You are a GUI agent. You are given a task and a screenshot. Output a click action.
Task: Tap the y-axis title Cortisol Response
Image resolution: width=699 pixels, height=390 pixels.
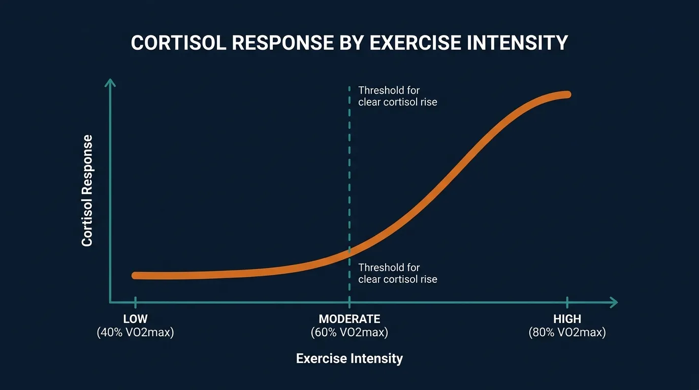(87, 190)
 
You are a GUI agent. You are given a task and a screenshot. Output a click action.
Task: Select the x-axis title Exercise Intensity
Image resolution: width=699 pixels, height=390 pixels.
(349, 359)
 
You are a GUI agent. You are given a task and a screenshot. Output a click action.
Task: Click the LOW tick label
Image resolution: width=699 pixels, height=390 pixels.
(135, 319)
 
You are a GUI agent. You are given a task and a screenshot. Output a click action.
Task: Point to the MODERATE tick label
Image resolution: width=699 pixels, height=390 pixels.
(349, 319)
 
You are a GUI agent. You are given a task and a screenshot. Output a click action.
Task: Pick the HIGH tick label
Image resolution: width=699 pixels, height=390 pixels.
(567, 319)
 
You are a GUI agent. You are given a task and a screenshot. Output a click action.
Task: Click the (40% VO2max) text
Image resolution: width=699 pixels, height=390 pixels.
(135, 333)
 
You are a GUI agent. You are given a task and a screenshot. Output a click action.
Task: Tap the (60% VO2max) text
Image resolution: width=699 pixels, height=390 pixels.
(349, 333)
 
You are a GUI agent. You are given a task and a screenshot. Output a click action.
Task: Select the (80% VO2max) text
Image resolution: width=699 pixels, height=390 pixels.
(567, 333)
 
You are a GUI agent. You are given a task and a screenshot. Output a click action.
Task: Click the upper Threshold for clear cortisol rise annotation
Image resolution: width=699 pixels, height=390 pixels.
(397, 96)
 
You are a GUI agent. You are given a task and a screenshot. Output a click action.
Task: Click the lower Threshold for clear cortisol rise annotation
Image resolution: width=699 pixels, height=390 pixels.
(397, 273)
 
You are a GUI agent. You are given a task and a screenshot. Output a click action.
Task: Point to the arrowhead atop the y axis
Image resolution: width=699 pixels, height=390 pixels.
(110, 82)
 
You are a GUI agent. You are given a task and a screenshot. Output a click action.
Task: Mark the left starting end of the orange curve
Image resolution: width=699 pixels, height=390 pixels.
(135, 275)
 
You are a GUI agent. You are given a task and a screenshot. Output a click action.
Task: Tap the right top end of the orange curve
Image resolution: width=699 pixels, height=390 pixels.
(567, 94)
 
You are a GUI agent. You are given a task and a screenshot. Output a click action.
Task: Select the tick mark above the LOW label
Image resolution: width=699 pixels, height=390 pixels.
(135, 302)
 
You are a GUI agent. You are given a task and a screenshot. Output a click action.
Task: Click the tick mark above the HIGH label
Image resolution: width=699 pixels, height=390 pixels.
(567, 302)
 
